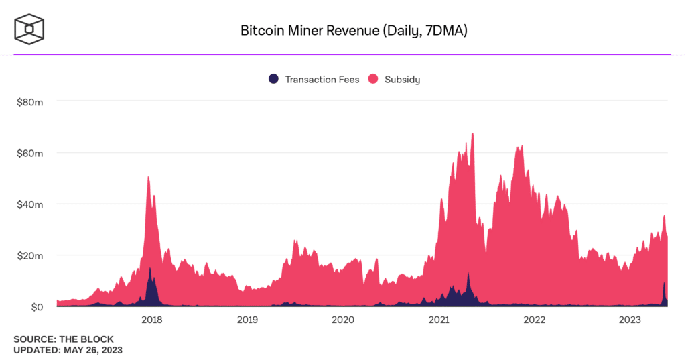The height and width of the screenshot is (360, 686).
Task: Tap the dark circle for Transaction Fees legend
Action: (x=273, y=79)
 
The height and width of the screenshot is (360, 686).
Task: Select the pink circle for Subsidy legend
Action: (x=372, y=79)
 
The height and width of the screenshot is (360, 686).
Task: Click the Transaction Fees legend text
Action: (x=322, y=79)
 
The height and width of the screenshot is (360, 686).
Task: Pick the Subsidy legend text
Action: (x=402, y=79)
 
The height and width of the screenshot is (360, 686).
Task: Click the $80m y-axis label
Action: (x=30, y=101)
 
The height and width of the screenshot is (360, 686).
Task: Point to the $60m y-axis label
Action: (x=30, y=153)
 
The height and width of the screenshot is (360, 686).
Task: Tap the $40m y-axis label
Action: (x=30, y=204)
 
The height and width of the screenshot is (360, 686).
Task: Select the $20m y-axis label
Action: (x=30, y=255)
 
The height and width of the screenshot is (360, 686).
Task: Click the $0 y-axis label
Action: (x=35, y=307)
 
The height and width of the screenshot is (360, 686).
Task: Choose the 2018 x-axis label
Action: (x=152, y=320)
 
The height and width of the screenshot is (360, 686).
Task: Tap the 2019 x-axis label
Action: (x=247, y=320)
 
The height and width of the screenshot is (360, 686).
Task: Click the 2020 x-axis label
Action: (x=343, y=320)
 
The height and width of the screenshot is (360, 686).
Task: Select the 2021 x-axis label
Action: (x=439, y=320)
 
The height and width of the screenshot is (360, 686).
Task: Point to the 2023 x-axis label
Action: (x=630, y=320)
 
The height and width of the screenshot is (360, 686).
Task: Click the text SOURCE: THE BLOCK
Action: (x=64, y=339)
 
